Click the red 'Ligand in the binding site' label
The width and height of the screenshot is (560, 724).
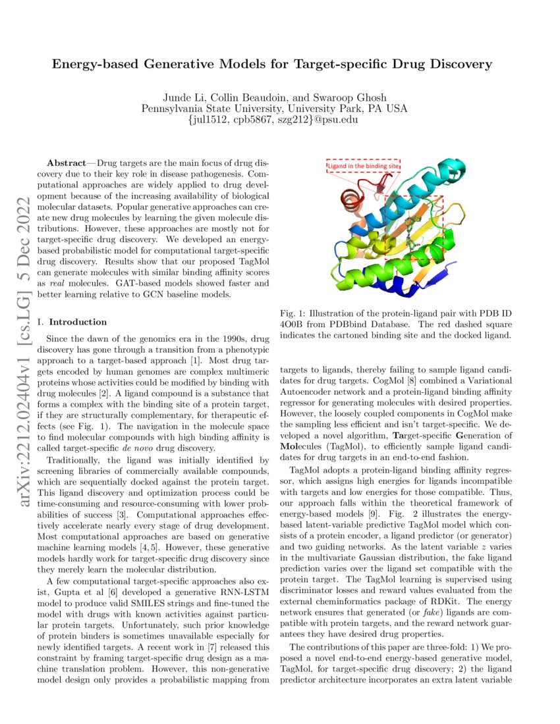pos(363,167)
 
